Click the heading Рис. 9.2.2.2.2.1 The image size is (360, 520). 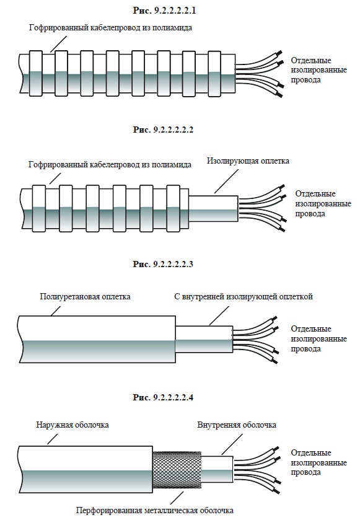pyautogui.click(x=164, y=11)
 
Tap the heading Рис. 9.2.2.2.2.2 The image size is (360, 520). pyautogui.click(x=163, y=130)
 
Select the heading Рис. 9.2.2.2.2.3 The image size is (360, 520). pyautogui.click(x=163, y=264)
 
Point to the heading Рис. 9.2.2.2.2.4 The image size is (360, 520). pyautogui.click(x=163, y=397)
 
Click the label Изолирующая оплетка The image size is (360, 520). pyautogui.click(x=248, y=161)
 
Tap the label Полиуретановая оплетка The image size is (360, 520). pyautogui.click(x=85, y=296)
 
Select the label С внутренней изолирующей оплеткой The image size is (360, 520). pyautogui.click(x=244, y=296)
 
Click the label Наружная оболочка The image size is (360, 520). pyautogui.click(x=72, y=425)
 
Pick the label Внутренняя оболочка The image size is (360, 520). pyautogui.click(x=237, y=425)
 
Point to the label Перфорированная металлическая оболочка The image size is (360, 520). pyautogui.click(x=155, y=510)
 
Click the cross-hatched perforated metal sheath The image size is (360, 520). pyautogui.click(x=177, y=470)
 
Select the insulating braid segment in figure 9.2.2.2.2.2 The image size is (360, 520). pyautogui.click(x=214, y=209)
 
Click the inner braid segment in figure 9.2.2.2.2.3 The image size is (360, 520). pyautogui.click(x=204, y=339)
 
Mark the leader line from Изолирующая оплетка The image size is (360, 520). pyautogui.click(x=226, y=182)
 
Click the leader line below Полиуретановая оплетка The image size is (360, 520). pyautogui.click(x=56, y=311)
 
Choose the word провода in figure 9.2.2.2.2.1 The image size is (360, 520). pyautogui.click(x=305, y=80)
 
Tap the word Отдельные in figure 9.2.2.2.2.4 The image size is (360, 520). pyautogui.click(x=311, y=452)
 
